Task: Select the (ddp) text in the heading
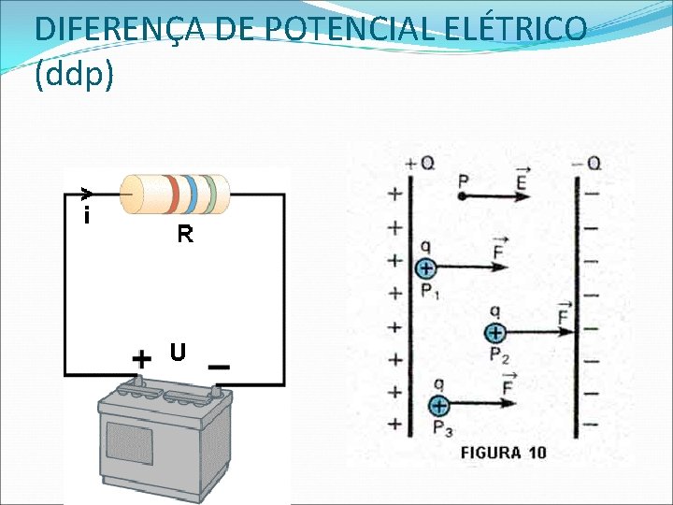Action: [x=74, y=75]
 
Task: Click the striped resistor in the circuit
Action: [x=175, y=195]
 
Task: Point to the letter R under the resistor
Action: [x=185, y=235]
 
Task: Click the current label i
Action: [x=86, y=217]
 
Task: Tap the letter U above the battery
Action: [x=178, y=353]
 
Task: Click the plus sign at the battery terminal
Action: [x=141, y=359]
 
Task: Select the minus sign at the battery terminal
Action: [x=219, y=368]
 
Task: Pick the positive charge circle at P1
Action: [x=425, y=268]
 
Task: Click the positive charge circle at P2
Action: [x=494, y=332]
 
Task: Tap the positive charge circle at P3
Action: [x=438, y=405]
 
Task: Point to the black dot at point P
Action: [x=462, y=197]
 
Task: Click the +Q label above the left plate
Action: [x=420, y=163]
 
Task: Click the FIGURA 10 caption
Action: [x=503, y=453]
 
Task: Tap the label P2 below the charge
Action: [x=499, y=354]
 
